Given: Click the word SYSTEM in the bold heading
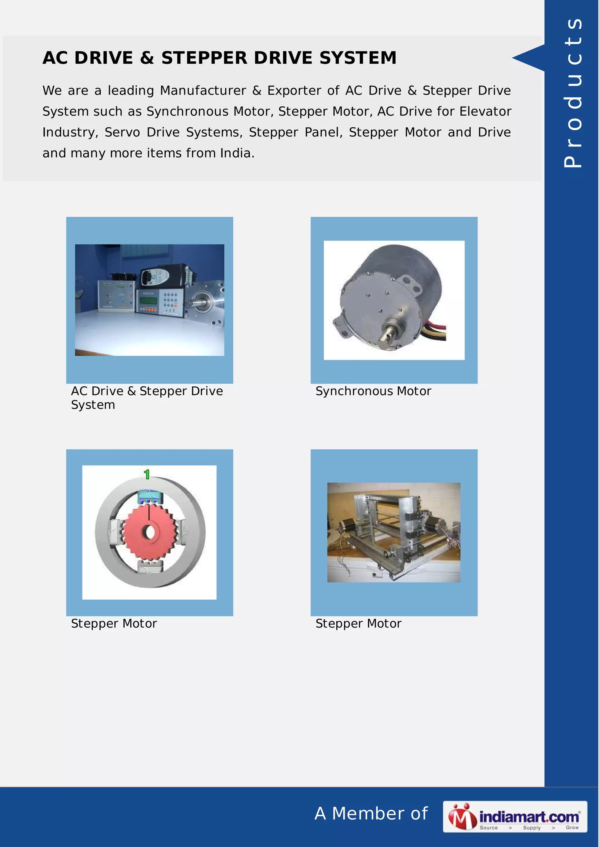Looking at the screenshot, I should [x=358, y=58].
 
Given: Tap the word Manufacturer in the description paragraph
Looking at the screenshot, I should [x=203, y=91].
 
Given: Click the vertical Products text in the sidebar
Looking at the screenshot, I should [x=572, y=92].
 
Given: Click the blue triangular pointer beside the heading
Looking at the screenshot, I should [x=530, y=58].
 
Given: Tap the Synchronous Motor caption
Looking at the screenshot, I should [x=373, y=391].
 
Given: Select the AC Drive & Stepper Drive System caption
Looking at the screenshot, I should [x=147, y=398].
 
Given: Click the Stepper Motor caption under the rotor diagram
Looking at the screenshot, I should [x=114, y=623].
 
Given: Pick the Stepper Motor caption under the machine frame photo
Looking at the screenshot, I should [x=358, y=623].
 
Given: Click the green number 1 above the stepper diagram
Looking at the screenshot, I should [x=147, y=474].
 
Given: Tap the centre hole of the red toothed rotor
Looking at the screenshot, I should [x=149, y=532].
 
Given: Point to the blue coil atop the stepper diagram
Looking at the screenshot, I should [x=149, y=496].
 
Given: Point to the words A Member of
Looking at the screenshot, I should [x=371, y=813].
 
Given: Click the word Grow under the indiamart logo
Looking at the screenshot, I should [x=572, y=827].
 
